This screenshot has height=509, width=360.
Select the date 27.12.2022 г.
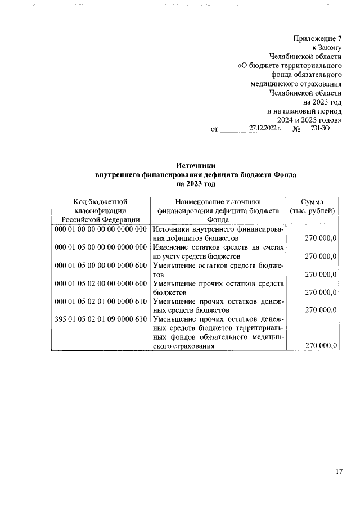point(265,128)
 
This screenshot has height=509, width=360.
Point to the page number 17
point(339,471)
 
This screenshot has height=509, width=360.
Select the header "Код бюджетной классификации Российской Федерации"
point(101,210)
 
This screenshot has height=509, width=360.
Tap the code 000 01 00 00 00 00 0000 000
point(101,229)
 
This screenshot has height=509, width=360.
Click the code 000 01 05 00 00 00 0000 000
point(101,247)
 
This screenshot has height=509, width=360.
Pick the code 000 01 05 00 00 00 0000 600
point(101,265)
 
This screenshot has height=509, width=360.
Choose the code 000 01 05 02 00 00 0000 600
point(101,283)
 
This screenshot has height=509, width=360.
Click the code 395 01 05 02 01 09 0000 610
point(101,319)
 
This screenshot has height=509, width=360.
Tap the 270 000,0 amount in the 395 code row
point(321,346)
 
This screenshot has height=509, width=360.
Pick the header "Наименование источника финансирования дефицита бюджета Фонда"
point(218,210)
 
